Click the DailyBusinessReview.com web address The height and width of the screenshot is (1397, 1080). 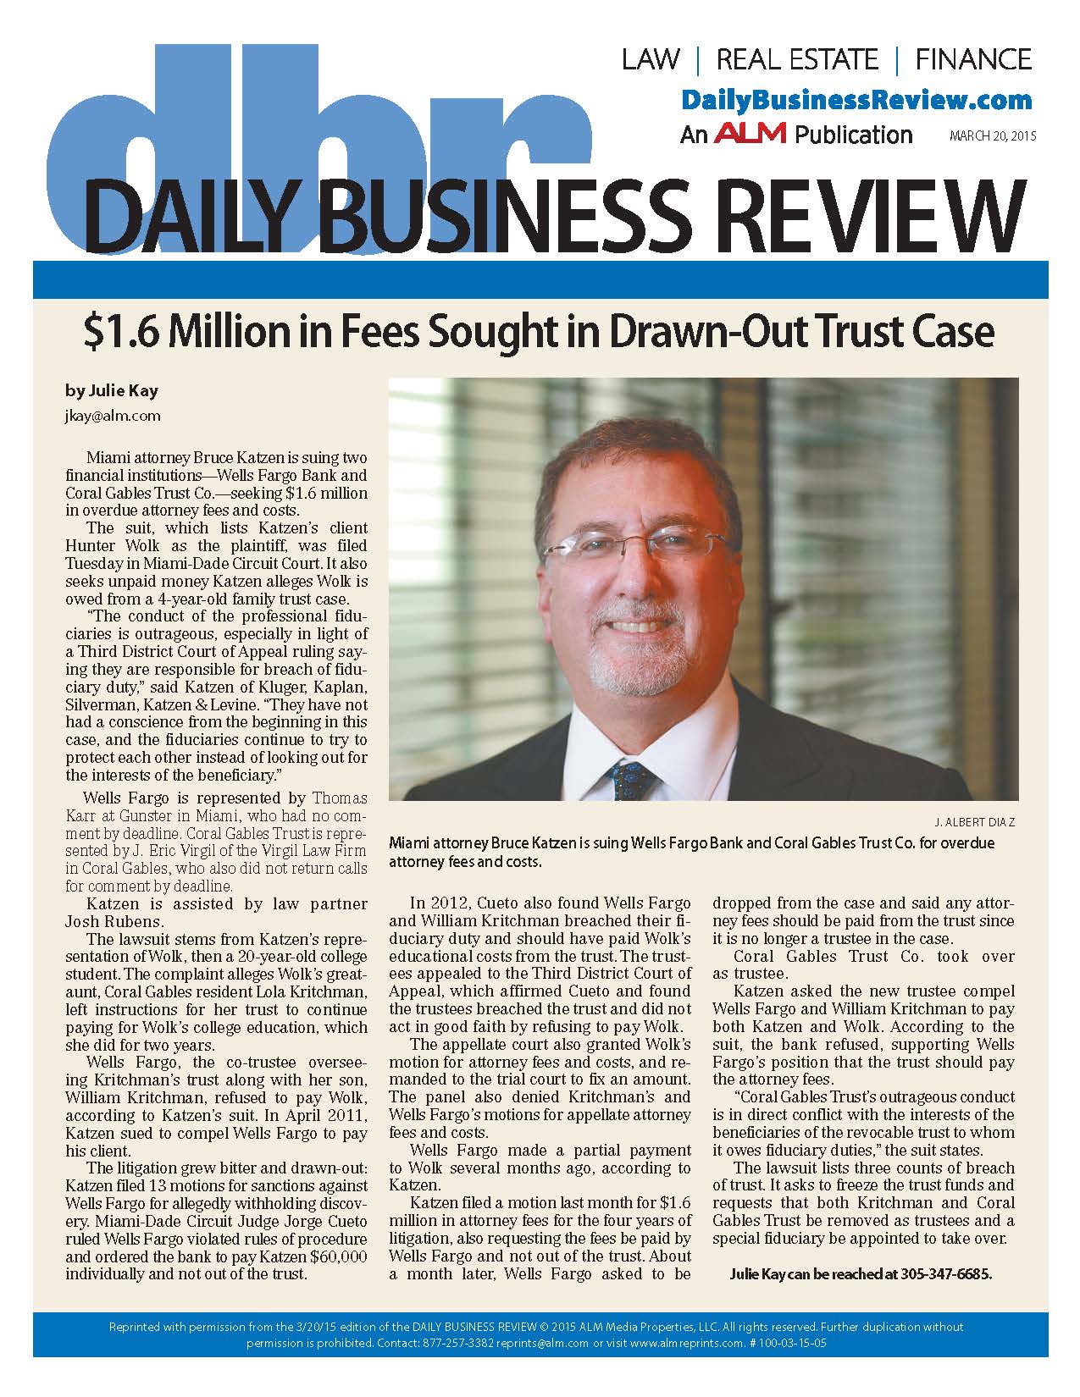point(856,100)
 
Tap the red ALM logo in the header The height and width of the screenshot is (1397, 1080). point(750,133)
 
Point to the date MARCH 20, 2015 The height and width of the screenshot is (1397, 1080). point(993,135)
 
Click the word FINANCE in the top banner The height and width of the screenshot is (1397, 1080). point(973,59)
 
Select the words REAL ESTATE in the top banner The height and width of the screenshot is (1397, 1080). point(797,59)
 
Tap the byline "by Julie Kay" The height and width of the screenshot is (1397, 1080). point(112,390)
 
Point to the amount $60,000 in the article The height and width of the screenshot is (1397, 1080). point(339,1256)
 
